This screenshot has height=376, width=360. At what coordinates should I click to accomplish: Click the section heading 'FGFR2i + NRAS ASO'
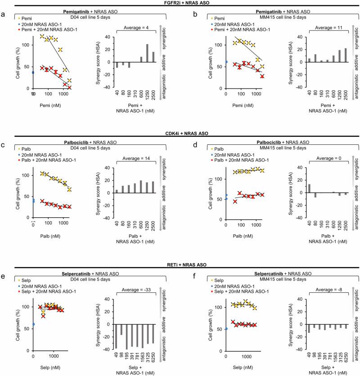pyautogui.click(x=180, y=3)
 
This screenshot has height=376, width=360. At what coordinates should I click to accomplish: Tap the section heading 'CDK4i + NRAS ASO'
pyautogui.click(x=180, y=133)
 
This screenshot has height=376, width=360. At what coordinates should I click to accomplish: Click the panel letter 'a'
pyautogui.click(x=4, y=13)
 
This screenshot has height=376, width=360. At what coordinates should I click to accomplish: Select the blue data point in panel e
pyautogui.click(x=33, y=324)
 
